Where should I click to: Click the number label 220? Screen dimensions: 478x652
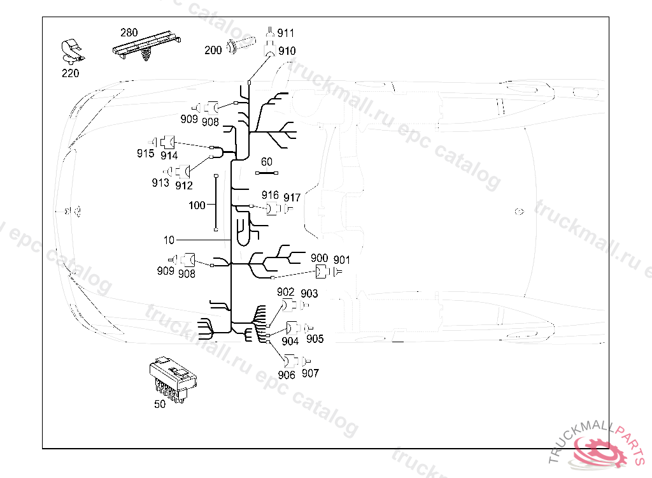coord(70,73)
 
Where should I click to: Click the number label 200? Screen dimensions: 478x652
coord(213,50)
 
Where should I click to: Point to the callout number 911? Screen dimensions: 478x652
coord(286,33)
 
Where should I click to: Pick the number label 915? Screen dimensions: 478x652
coord(145,153)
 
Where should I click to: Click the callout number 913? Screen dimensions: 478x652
coord(160,183)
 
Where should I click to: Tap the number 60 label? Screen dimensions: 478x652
coord(266,162)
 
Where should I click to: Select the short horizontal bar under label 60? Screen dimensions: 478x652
coord(267,172)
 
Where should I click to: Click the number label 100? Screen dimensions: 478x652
coord(197,206)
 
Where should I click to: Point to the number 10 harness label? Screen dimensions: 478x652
coord(169,240)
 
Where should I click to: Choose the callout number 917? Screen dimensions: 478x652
coord(292,197)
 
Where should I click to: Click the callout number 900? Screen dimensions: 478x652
coord(320,259)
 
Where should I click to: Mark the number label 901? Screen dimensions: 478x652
coord(342,259)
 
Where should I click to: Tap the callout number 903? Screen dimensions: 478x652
coord(309,293)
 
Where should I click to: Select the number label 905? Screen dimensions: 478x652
coord(315,339)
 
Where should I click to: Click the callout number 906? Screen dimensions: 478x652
coord(287,375)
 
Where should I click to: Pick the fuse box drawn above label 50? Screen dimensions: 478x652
coord(172,379)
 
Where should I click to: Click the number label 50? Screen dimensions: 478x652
coord(160,404)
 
